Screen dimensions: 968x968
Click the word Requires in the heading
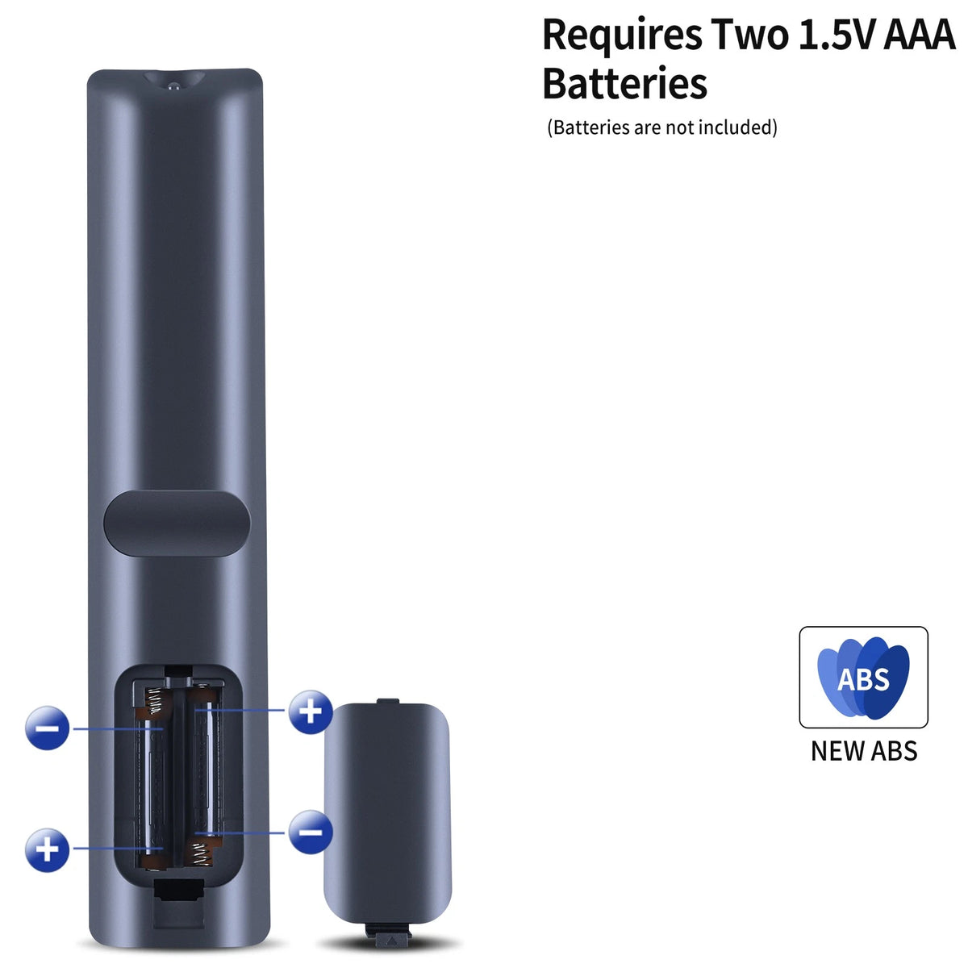coord(623,35)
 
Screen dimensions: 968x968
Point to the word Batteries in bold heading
coord(625,83)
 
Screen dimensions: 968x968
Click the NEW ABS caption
coord(863,751)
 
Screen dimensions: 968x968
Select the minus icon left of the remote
coord(47,728)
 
